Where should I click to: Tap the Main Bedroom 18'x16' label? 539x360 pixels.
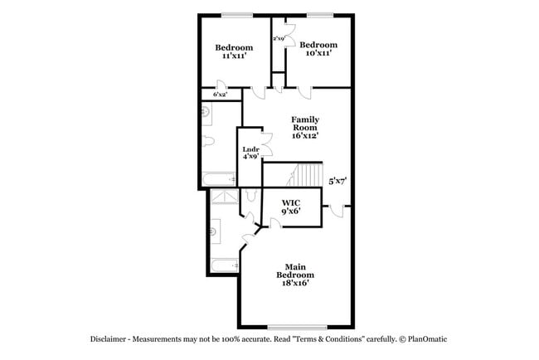click(294, 275)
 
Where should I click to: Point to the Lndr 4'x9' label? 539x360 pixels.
click(250, 152)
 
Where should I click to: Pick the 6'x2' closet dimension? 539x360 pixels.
click(220, 95)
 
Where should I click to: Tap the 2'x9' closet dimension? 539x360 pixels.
click(279, 38)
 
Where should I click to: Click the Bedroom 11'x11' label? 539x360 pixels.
click(233, 51)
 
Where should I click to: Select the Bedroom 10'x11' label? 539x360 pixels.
click(318, 48)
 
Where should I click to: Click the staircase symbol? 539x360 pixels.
click(308, 175)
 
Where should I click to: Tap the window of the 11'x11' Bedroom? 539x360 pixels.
click(236, 14)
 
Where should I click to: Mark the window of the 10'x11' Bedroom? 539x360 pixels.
click(319, 14)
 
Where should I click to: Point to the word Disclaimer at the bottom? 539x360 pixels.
click(111, 339)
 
